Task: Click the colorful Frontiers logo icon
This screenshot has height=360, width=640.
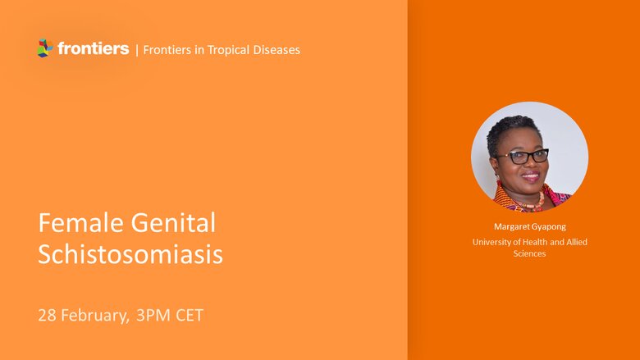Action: tap(45, 48)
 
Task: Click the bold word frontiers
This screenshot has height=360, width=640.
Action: tap(94, 48)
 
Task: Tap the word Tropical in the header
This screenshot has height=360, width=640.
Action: tap(228, 50)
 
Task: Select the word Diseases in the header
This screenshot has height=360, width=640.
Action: tap(277, 50)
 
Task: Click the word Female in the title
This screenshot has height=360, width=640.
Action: tap(80, 222)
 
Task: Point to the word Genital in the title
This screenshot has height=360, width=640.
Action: tap(173, 222)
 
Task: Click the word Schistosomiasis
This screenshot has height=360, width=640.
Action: tap(130, 254)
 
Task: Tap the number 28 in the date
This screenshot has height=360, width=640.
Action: tap(47, 315)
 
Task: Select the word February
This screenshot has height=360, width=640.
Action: tap(95, 316)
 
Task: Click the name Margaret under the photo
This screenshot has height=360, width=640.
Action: tap(511, 226)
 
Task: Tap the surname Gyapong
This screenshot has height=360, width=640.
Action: tap(548, 227)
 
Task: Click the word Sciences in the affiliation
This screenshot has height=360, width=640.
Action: tap(529, 253)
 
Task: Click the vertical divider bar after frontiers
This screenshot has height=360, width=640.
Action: tap(137, 50)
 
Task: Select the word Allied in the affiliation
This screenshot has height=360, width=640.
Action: tap(576, 242)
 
